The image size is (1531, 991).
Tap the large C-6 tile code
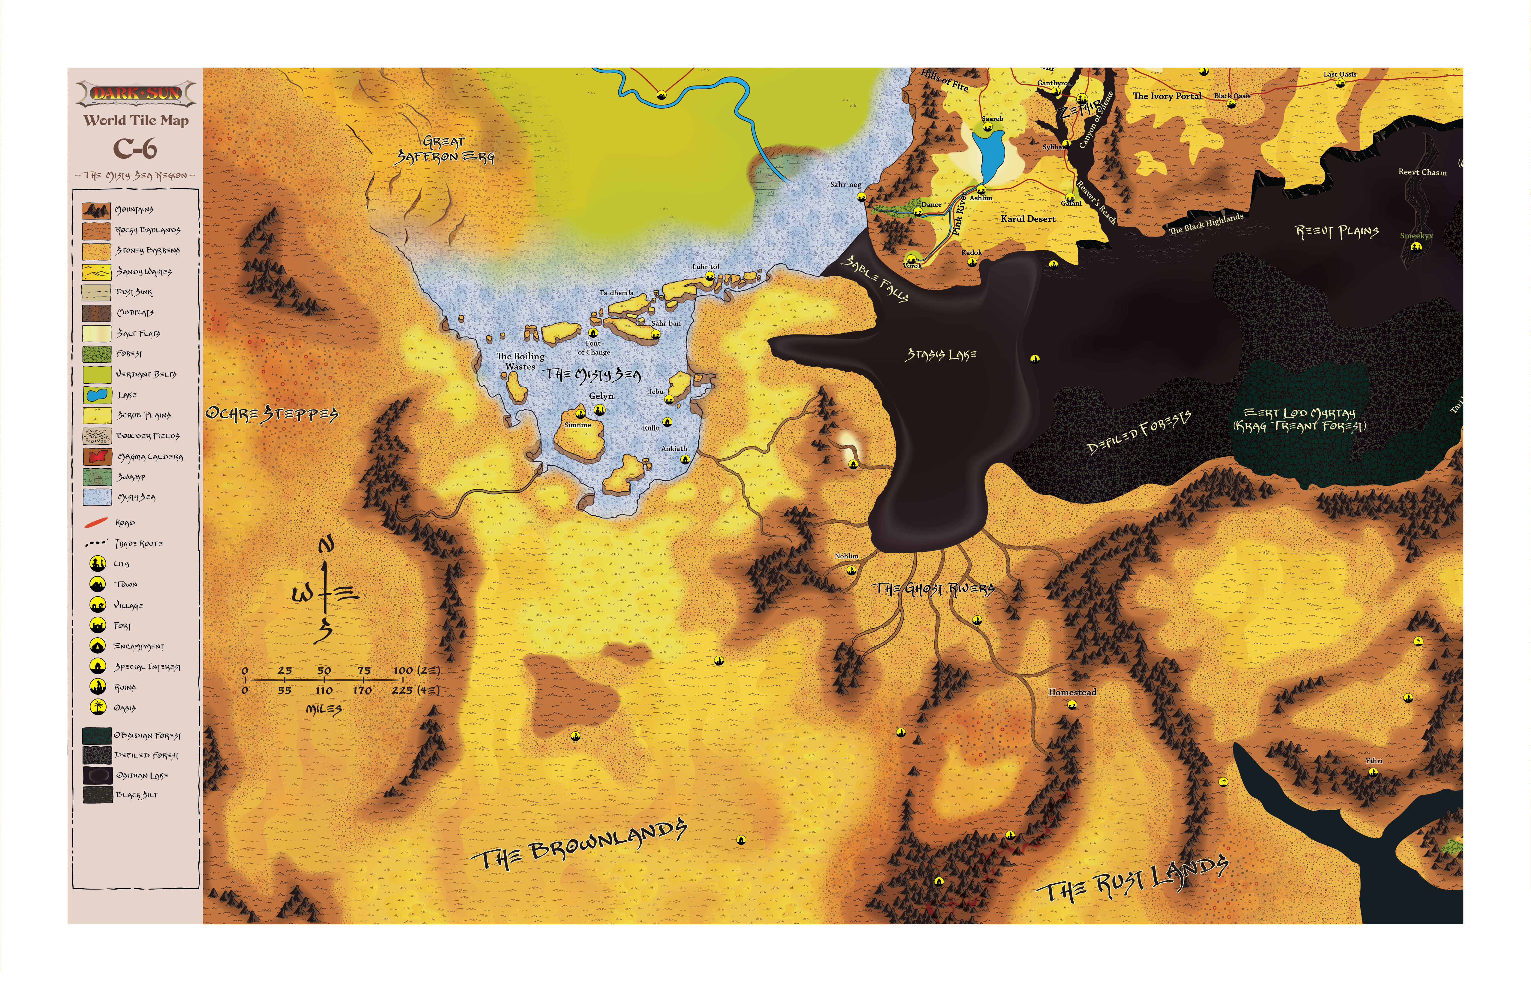(x=135, y=149)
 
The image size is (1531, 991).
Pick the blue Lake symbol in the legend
(x=96, y=394)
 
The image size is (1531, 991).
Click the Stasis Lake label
(x=941, y=354)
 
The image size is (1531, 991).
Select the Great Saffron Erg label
(x=444, y=149)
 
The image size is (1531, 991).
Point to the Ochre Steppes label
(x=271, y=414)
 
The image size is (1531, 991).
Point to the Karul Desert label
(x=1028, y=219)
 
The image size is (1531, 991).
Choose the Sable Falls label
(x=876, y=278)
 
